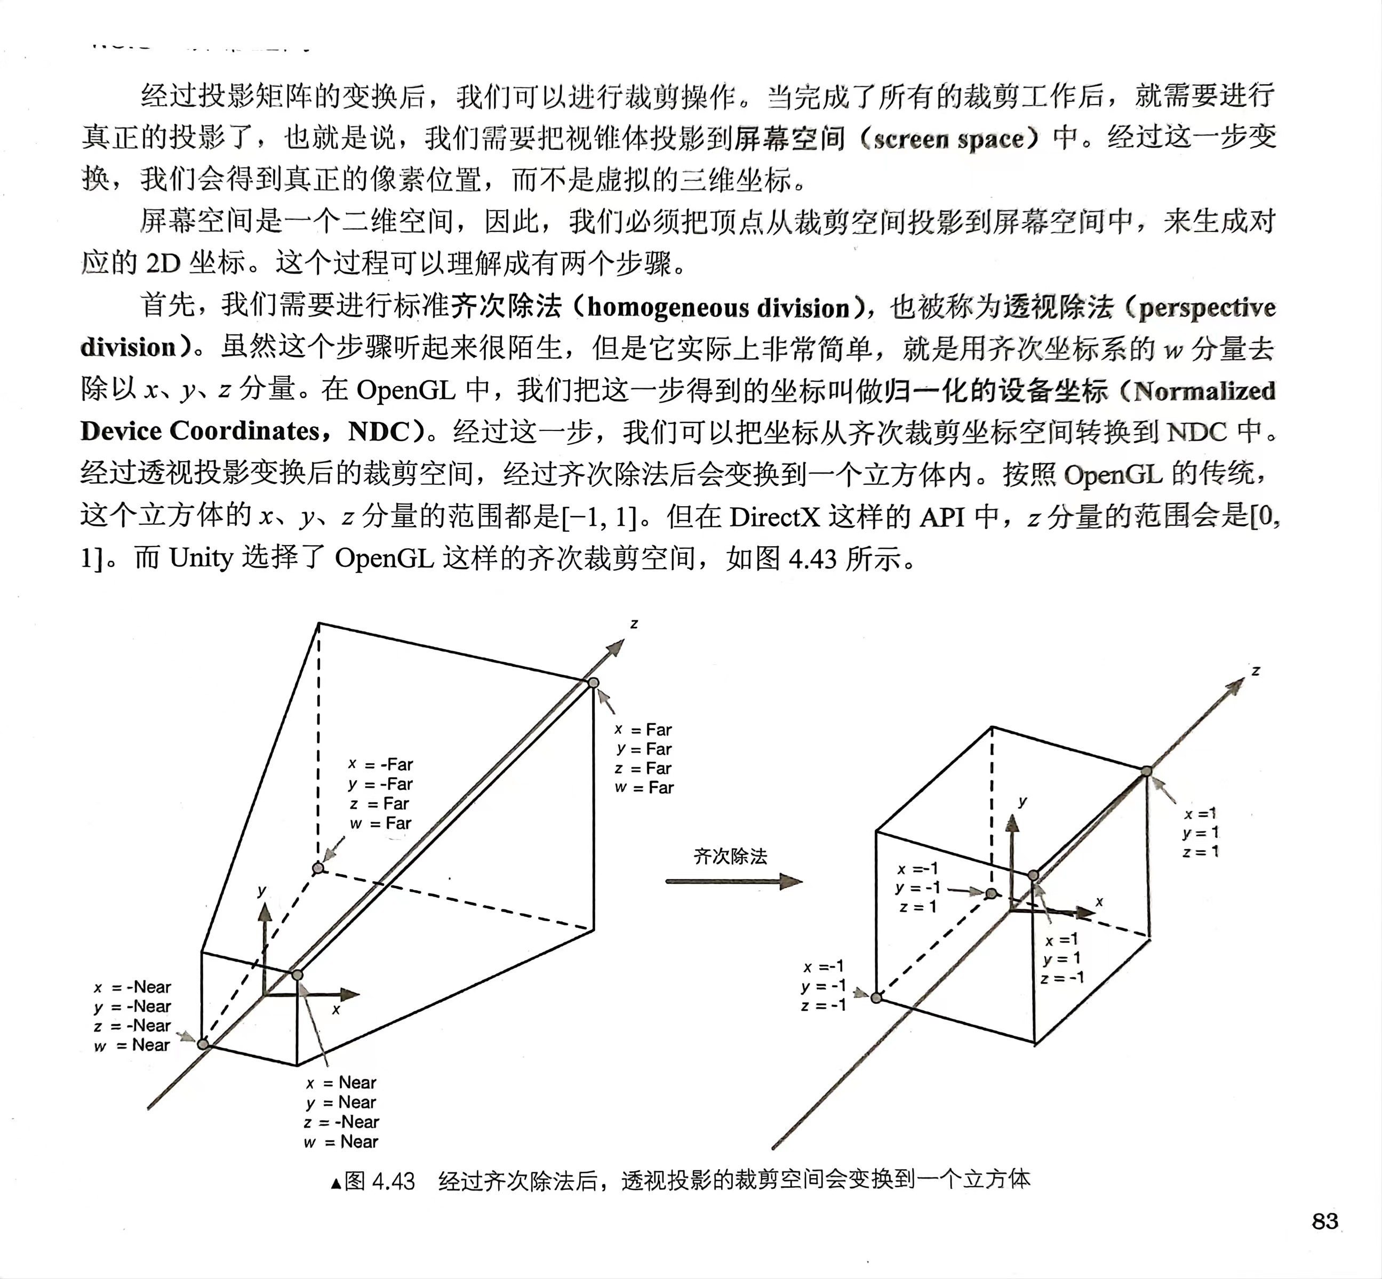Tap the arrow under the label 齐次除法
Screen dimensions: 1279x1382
click(x=733, y=881)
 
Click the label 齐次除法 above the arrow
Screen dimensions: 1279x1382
click(x=730, y=856)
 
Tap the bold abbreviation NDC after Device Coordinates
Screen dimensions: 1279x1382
click(x=379, y=431)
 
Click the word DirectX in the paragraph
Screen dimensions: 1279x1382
click(x=773, y=516)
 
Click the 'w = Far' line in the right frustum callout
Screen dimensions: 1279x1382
click(x=644, y=788)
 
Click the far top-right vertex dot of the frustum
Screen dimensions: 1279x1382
click(x=593, y=683)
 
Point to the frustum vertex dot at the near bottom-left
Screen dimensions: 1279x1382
click(x=203, y=1044)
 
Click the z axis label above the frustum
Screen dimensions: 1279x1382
click(x=634, y=623)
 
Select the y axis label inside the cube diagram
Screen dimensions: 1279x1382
click(x=1022, y=802)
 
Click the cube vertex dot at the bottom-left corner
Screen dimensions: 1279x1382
click(x=876, y=997)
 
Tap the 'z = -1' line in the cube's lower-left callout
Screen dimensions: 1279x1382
click(x=824, y=1005)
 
